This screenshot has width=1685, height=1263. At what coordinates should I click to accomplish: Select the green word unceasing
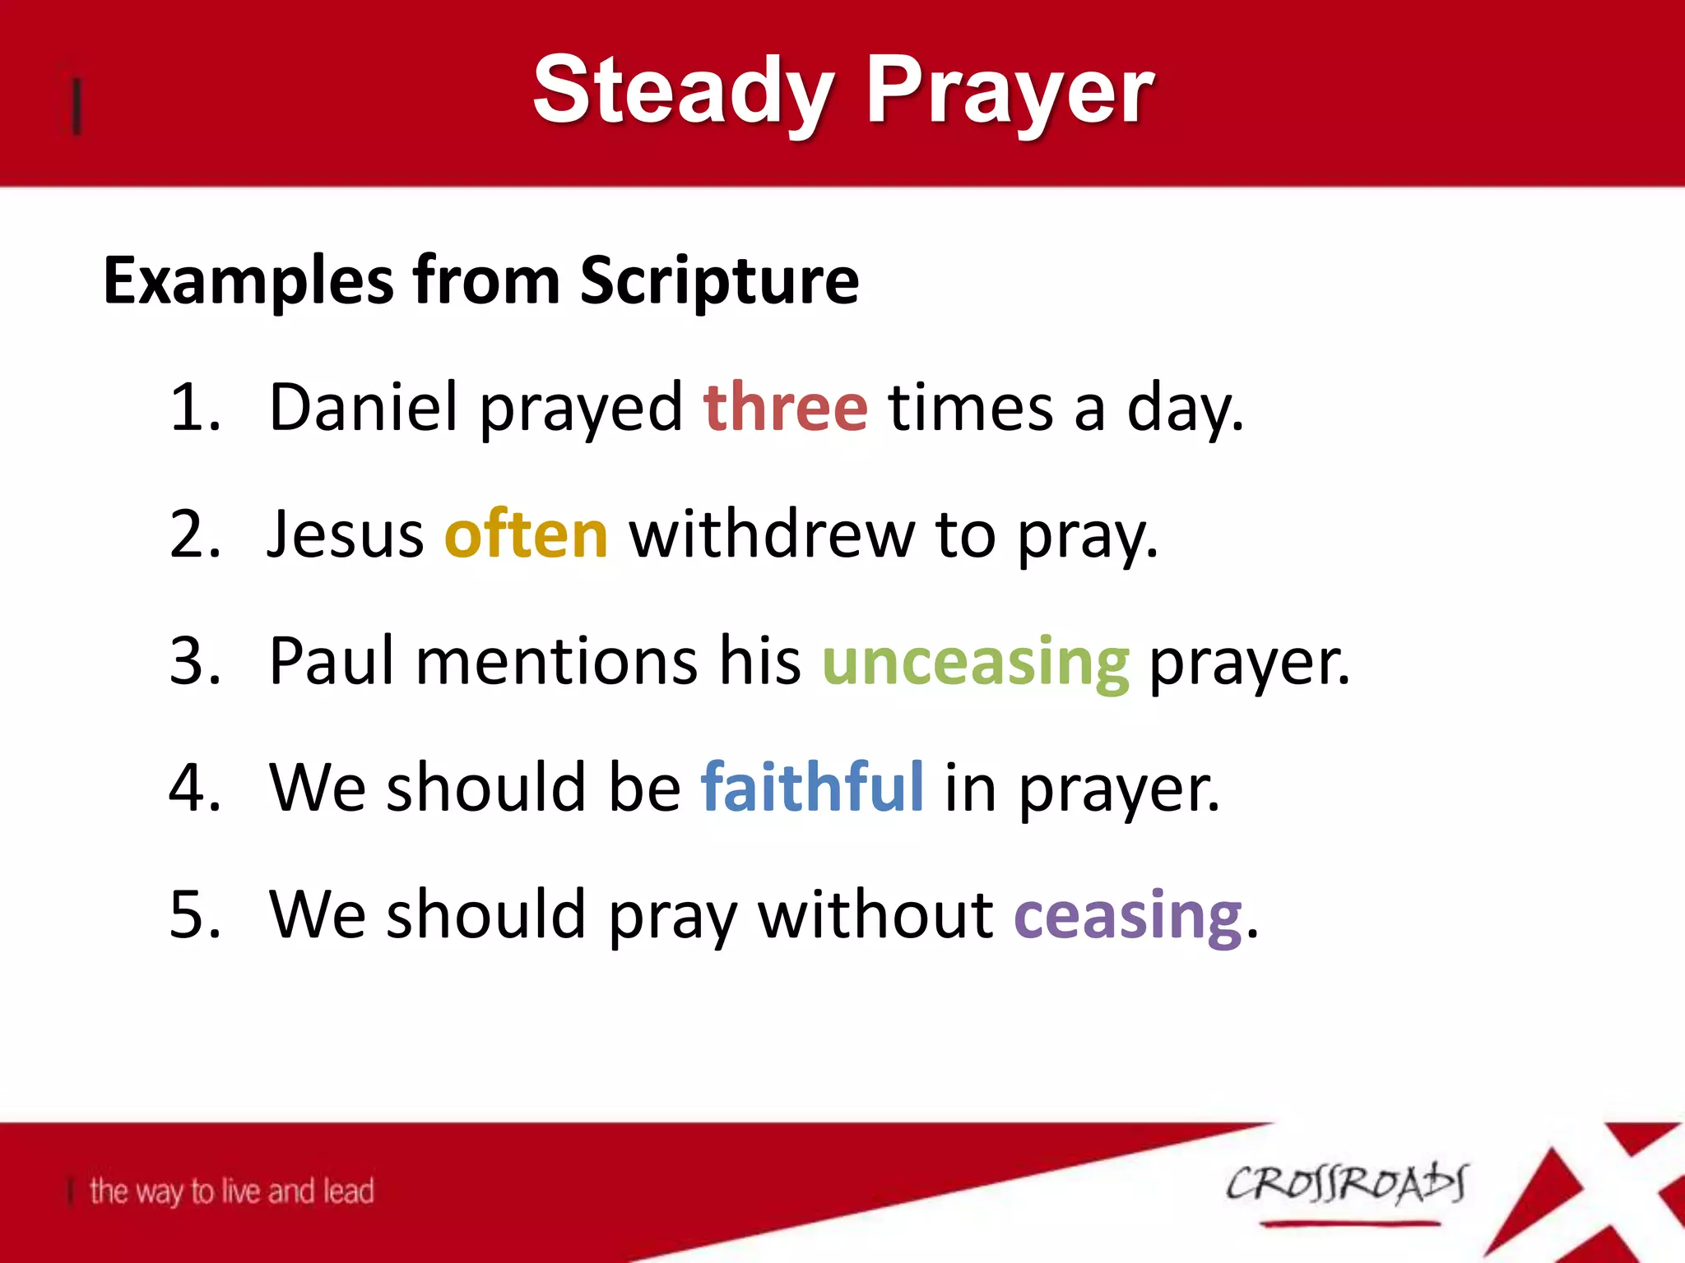(x=975, y=662)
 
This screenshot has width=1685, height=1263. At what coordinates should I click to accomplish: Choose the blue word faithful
(x=812, y=788)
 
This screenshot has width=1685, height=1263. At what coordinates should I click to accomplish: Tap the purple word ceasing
(x=1127, y=915)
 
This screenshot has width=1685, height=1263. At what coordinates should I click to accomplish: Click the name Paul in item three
(x=332, y=662)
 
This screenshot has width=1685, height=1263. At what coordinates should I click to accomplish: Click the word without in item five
(x=875, y=915)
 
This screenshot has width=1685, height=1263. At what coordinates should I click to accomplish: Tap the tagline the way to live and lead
(x=232, y=1191)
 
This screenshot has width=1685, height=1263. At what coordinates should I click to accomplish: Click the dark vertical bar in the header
(x=77, y=105)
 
